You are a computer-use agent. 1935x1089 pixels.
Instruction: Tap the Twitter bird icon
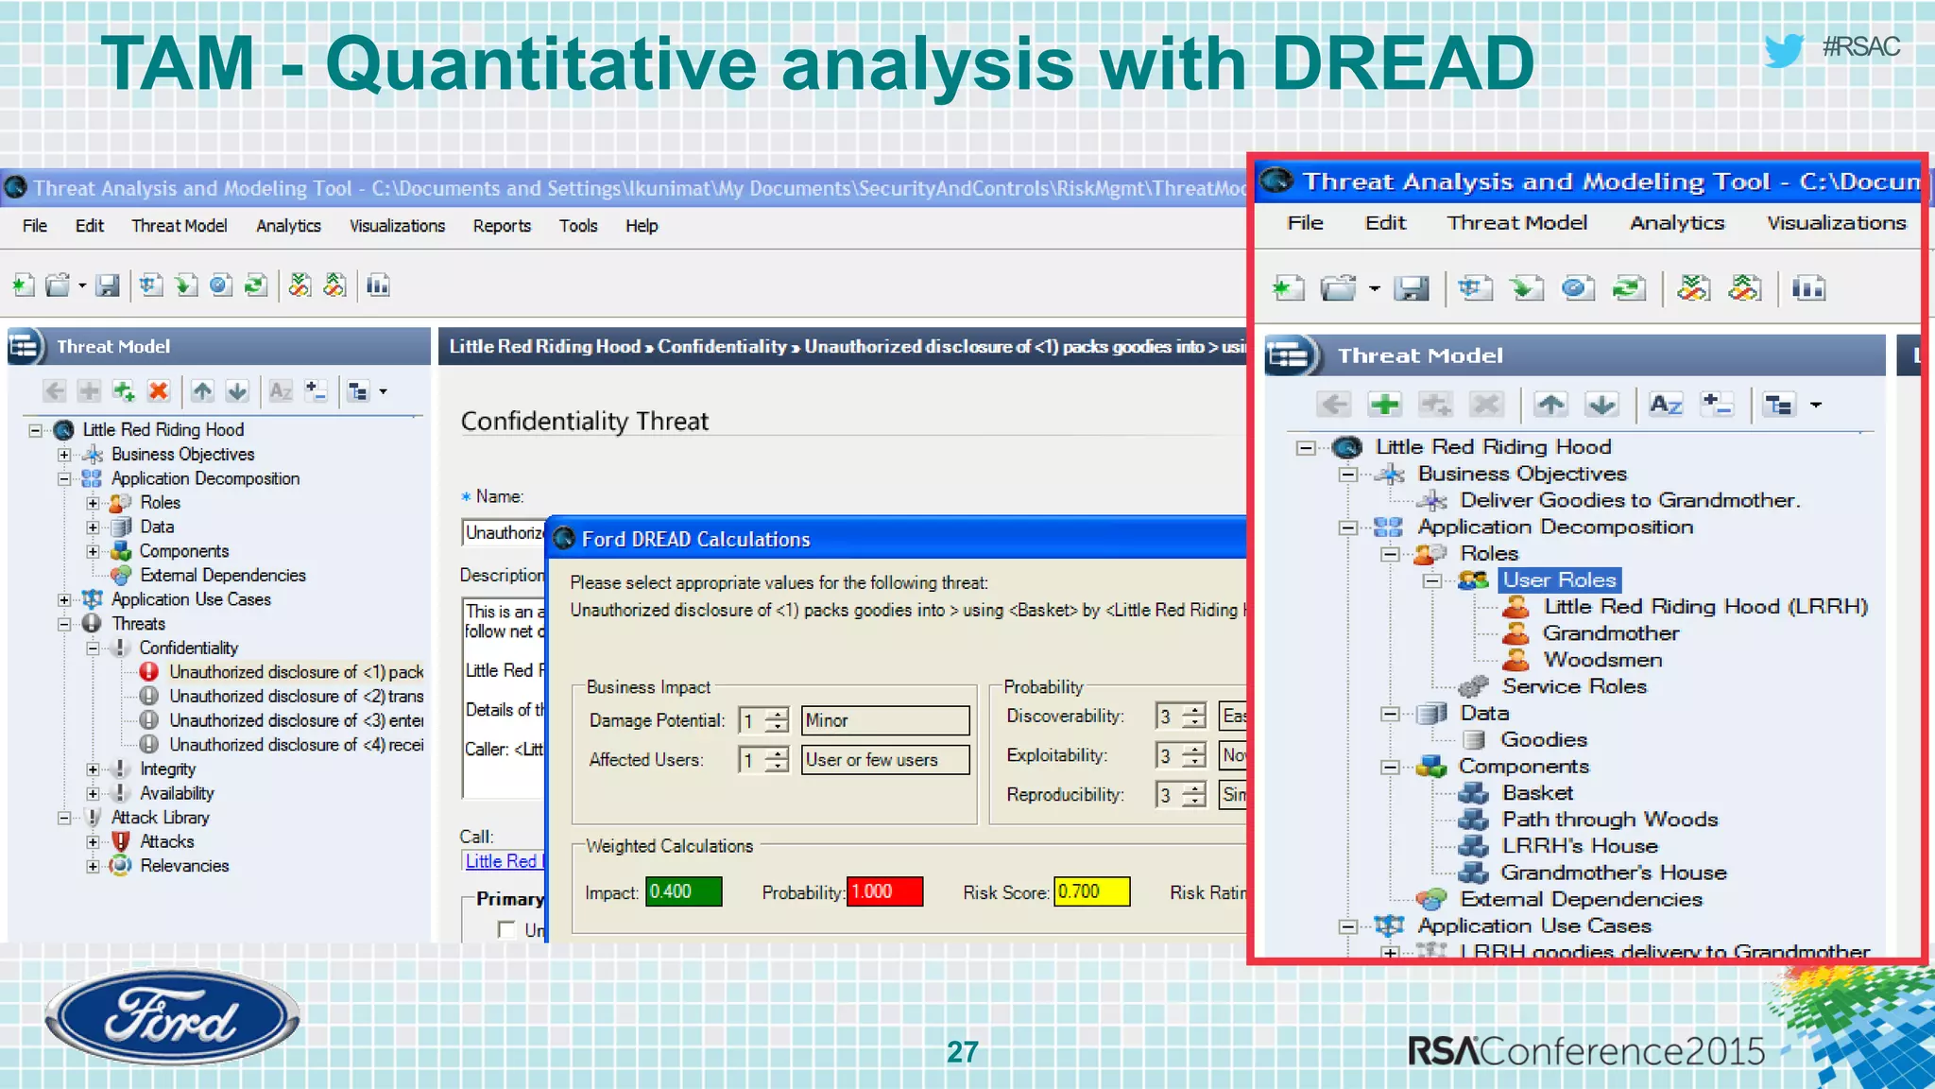point(1784,49)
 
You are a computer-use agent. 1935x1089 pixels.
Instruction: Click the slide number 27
point(962,1051)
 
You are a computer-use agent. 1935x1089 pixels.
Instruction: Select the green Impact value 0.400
point(683,891)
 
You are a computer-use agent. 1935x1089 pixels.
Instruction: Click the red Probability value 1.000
point(884,891)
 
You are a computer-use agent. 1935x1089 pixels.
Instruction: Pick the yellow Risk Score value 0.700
point(1091,891)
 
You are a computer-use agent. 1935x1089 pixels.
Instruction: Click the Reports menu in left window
point(502,226)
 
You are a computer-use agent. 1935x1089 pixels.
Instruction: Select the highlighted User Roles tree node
point(1559,579)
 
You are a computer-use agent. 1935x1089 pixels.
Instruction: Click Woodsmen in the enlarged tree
point(1602,660)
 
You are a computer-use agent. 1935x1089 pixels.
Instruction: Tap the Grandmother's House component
point(1613,873)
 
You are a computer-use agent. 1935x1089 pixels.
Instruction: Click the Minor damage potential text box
point(885,720)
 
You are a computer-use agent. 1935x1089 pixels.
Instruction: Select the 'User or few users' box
point(885,760)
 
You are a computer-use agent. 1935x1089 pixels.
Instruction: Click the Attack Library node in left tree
point(160,818)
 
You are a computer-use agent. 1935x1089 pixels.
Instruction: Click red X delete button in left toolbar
point(159,391)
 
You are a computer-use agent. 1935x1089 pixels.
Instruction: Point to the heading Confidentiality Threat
point(584,421)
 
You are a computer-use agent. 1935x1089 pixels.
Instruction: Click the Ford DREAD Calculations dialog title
point(695,539)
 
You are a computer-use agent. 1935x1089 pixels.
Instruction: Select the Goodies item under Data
point(1543,739)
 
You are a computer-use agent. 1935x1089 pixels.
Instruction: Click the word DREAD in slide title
point(1402,63)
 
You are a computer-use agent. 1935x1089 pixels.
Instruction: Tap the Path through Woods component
point(1609,820)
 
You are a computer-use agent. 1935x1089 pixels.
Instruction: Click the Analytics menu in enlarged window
point(1676,223)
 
